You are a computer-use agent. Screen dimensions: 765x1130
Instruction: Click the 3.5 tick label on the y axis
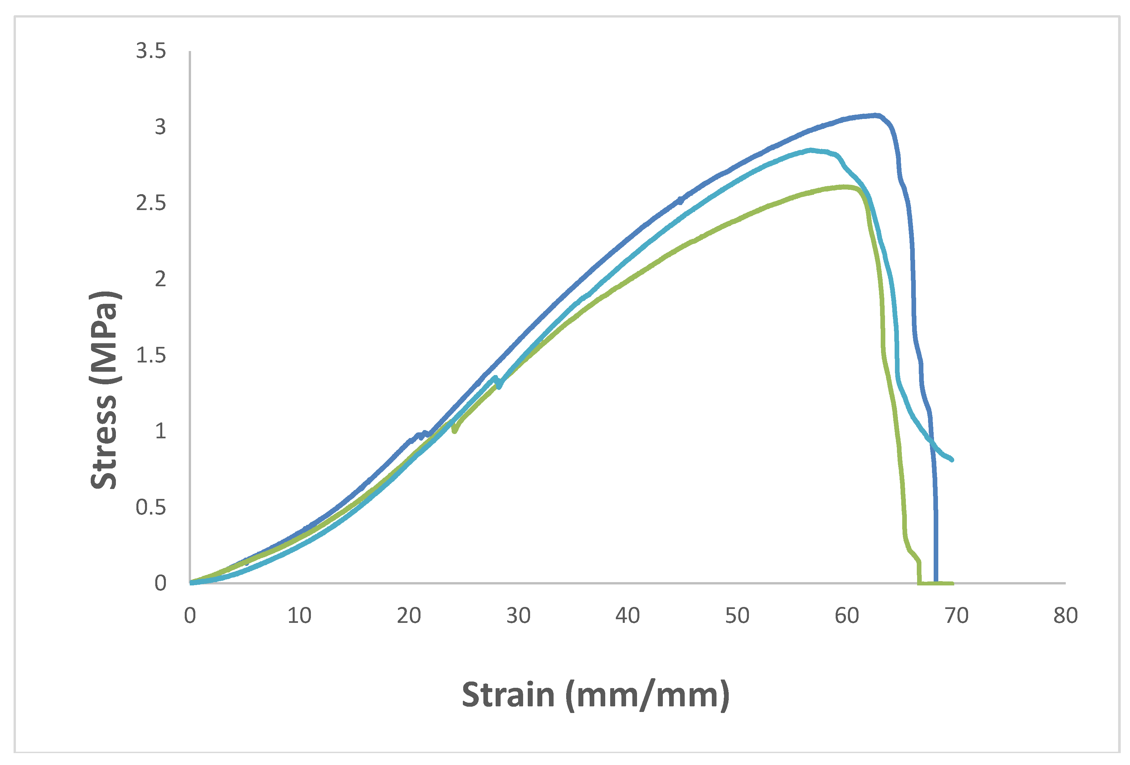click(151, 51)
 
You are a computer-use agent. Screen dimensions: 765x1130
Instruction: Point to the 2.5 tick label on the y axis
click(151, 203)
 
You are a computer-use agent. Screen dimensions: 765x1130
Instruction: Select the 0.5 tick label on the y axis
click(151, 508)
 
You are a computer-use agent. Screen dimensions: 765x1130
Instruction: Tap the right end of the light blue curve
click(952, 460)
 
